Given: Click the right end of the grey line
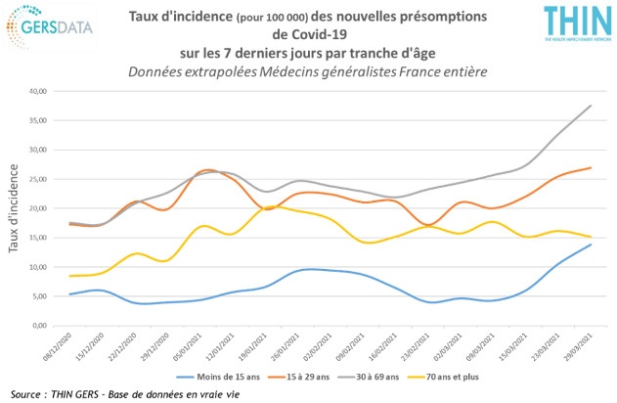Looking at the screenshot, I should (x=591, y=105).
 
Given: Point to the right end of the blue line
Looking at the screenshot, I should (x=591, y=245).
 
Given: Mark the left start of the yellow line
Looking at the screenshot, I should (x=69, y=276).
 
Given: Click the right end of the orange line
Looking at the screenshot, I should (x=591, y=168).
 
